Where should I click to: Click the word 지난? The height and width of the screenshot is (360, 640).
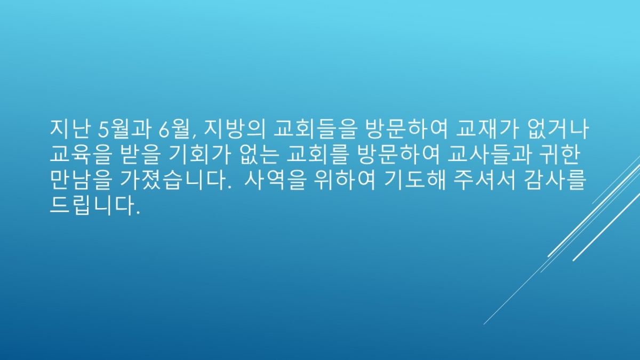[69, 130]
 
